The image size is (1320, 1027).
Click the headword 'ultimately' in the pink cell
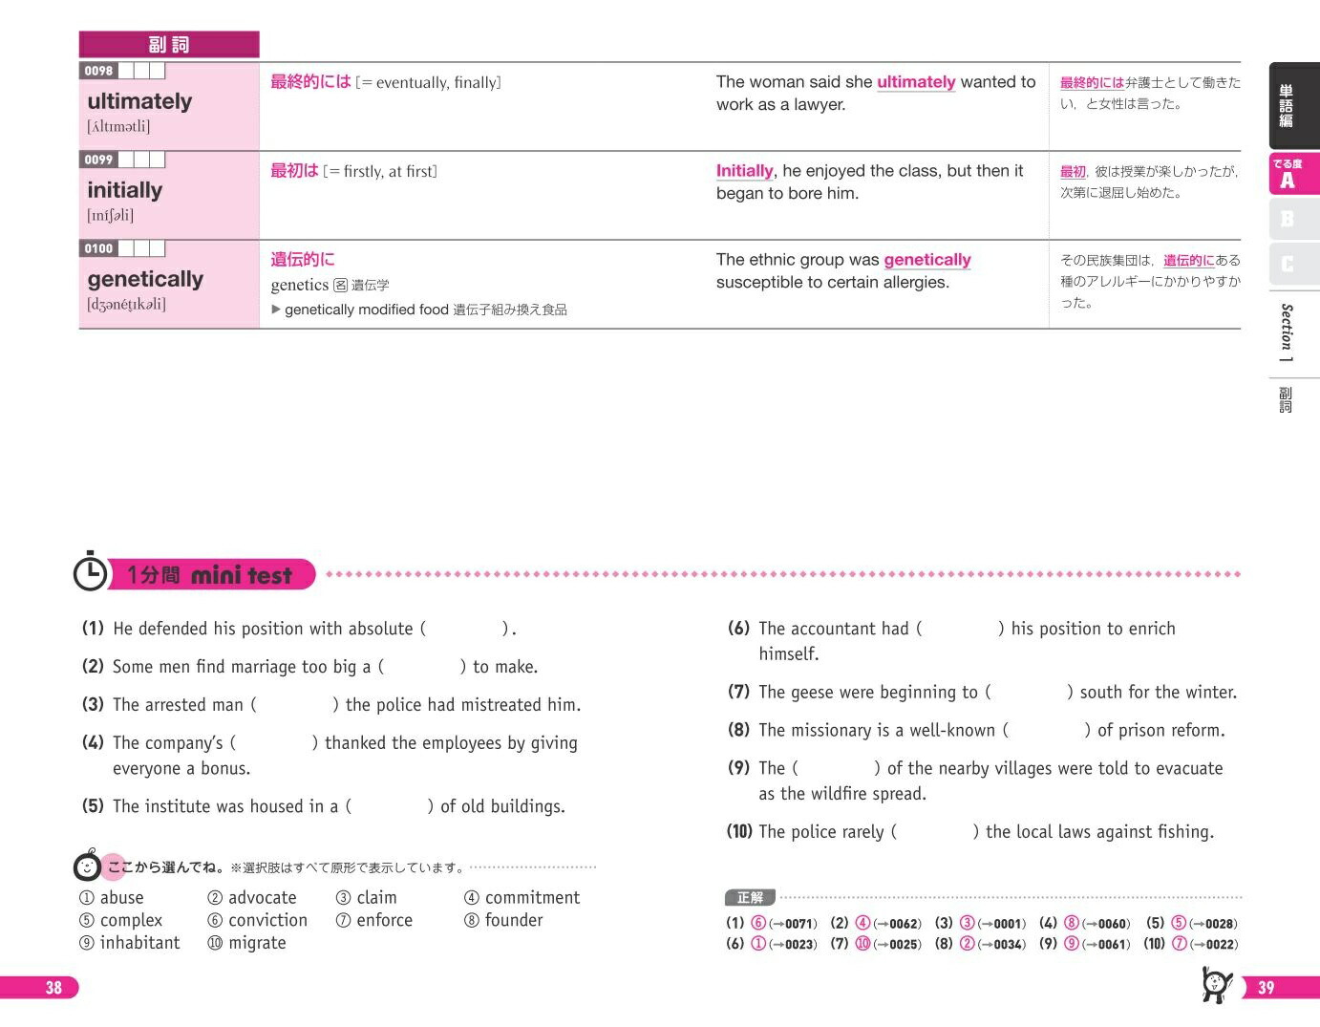[x=139, y=101]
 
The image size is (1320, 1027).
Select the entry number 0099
[x=98, y=160]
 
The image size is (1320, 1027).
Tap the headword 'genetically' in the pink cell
[x=145, y=279]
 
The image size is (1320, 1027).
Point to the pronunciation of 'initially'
[x=111, y=215]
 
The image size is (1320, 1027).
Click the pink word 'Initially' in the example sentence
[x=744, y=171]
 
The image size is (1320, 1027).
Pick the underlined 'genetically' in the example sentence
[x=926, y=260]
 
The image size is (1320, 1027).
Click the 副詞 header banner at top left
[x=169, y=45]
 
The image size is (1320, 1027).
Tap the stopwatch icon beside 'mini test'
[x=91, y=572]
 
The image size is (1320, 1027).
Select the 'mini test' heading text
[x=242, y=575]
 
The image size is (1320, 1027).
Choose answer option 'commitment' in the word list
[x=532, y=898]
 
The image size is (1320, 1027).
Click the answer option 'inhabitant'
[x=139, y=943]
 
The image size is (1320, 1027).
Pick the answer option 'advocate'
[x=262, y=898]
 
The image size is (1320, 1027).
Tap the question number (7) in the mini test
[x=738, y=692]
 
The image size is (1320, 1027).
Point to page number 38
[x=53, y=988]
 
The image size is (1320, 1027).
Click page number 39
[x=1266, y=988]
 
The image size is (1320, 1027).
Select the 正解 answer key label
[x=750, y=898]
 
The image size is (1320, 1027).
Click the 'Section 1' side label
[x=1287, y=332]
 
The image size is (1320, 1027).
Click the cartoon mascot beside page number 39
[x=1215, y=984]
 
